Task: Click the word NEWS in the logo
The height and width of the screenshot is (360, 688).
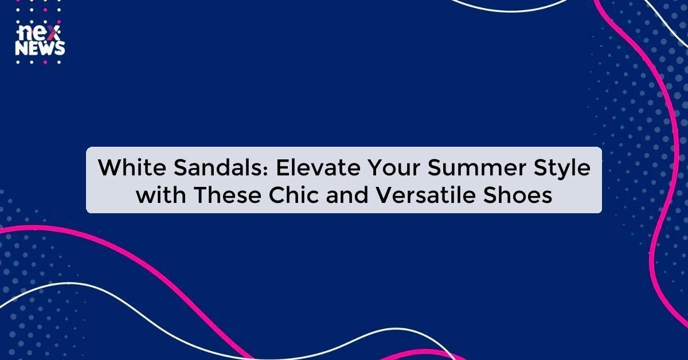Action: coord(40,49)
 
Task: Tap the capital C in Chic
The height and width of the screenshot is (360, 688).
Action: coord(279,195)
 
